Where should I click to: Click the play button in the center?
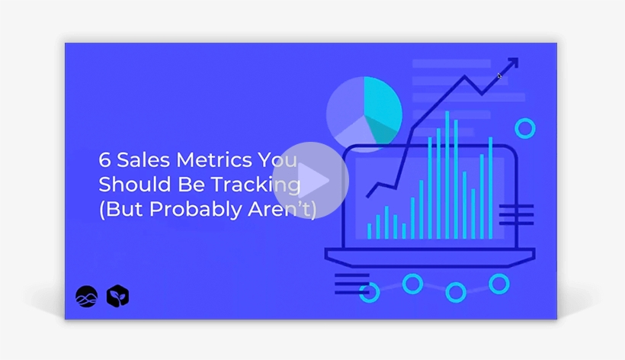(310, 181)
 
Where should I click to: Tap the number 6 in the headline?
(104, 161)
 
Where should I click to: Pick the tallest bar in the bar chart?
(447, 175)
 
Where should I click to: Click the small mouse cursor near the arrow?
(500, 76)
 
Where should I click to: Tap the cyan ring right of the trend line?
(524, 128)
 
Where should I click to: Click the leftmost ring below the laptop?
(370, 291)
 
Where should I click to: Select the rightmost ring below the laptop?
(499, 284)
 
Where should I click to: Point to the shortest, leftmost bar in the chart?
(369, 231)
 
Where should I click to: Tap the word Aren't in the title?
(289, 209)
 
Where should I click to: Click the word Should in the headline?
(127, 185)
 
